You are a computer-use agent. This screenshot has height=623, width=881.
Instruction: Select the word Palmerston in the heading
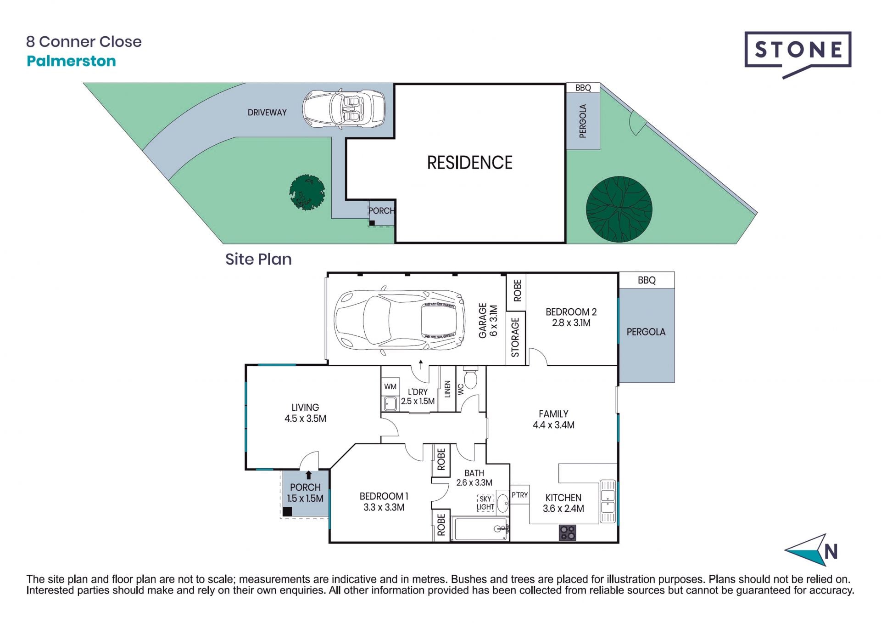71,61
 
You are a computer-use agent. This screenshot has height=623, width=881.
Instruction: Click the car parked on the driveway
344,109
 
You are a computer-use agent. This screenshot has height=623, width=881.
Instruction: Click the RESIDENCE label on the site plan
469,163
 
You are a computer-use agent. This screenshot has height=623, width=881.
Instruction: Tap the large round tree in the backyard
619,209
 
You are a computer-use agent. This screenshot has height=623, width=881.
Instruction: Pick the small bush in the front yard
307,192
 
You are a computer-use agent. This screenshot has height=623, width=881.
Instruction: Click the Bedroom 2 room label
571,317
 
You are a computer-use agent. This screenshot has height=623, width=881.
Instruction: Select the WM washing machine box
390,387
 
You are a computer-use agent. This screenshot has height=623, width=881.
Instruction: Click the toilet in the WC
471,377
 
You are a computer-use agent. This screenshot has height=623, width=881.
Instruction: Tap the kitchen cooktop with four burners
567,532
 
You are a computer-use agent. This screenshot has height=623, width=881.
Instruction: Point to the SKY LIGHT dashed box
485,503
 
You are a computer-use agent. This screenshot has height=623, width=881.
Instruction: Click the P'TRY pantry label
519,495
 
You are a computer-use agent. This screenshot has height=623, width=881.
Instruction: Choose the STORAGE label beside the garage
515,337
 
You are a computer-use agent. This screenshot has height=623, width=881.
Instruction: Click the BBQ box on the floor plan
647,280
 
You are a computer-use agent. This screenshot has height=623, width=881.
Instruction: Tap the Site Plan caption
258,259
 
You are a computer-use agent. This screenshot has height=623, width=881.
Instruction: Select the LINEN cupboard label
448,389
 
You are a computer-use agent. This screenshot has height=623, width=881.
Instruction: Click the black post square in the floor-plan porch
287,511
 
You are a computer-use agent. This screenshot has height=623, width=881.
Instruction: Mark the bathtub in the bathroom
480,529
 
